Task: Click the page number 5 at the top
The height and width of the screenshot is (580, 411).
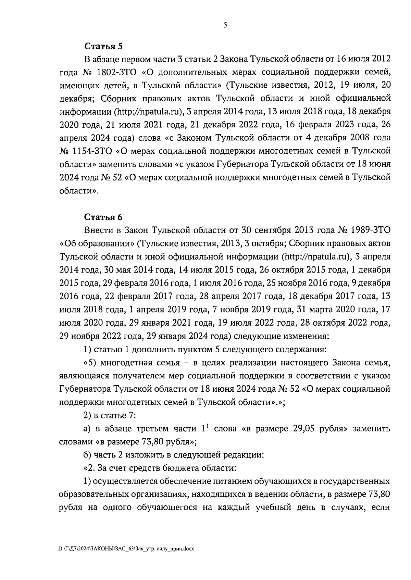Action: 225,25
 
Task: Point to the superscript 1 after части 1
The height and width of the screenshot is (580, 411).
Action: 207,426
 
